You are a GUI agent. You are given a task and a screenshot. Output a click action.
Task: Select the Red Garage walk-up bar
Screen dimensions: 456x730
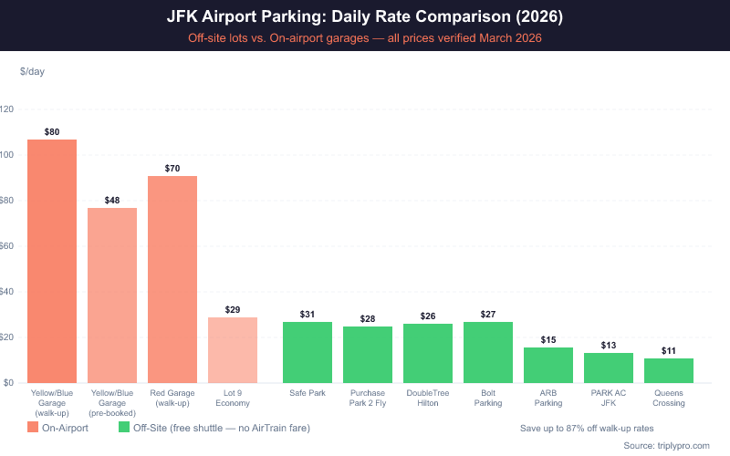(x=172, y=279)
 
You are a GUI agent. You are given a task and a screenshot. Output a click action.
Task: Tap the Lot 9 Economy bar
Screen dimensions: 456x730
(x=233, y=350)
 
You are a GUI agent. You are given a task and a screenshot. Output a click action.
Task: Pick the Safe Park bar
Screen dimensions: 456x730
(x=308, y=352)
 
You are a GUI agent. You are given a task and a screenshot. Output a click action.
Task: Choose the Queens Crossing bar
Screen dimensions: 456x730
(x=669, y=370)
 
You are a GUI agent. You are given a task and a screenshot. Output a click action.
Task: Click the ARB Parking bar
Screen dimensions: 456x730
(x=548, y=365)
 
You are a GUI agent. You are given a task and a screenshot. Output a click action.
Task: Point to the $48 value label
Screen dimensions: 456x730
(x=112, y=200)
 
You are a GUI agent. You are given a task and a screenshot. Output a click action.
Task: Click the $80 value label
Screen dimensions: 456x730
(x=52, y=132)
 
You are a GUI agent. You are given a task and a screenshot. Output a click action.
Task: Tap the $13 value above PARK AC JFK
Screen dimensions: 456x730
(x=609, y=346)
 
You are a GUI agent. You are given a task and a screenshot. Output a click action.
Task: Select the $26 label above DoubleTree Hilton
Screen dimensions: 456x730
(x=428, y=316)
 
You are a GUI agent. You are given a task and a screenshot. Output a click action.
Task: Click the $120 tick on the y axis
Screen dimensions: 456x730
(x=6, y=109)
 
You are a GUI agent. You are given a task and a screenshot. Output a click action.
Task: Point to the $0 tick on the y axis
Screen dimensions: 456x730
(x=8, y=383)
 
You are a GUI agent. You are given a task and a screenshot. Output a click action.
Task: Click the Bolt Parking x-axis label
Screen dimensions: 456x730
(x=488, y=398)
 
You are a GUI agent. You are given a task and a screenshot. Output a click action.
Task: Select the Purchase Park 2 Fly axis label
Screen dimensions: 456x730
(x=368, y=398)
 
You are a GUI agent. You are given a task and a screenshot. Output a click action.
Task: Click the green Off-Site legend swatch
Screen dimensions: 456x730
(x=125, y=427)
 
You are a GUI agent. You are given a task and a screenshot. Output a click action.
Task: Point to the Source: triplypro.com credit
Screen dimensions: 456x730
(x=672, y=445)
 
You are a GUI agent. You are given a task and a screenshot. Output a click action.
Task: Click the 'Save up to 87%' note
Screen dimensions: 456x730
(x=587, y=427)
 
